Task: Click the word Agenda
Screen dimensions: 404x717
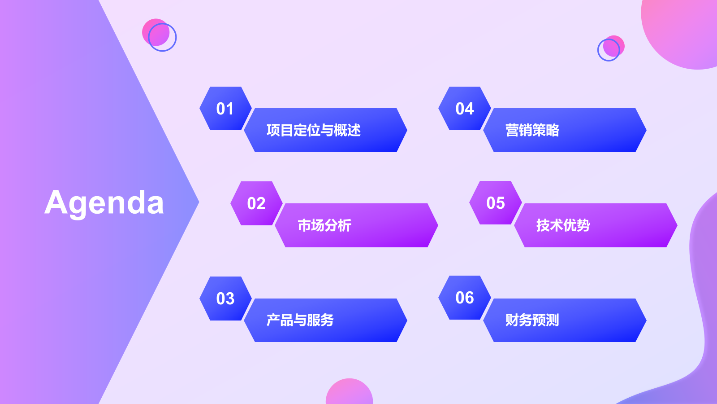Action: point(104,203)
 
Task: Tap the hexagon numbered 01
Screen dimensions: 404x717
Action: point(225,109)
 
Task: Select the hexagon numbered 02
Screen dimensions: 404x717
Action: point(256,203)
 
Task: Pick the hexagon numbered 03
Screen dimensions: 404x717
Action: point(225,299)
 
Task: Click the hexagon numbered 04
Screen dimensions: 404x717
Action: point(464,109)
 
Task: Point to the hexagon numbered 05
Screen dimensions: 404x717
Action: point(495,203)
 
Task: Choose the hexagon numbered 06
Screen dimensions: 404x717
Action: point(464,298)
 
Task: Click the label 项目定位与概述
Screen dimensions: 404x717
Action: point(313,130)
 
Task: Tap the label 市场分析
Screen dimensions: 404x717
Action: point(324,225)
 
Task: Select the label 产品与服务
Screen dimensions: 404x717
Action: point(300,320)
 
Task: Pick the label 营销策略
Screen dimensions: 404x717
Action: point(532,130)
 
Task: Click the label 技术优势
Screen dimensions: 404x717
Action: point(563,225)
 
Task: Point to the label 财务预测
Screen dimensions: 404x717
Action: point(532,320)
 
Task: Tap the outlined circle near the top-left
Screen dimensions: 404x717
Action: point(162,37)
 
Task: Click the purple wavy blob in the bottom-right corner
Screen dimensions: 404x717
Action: point(699,314)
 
